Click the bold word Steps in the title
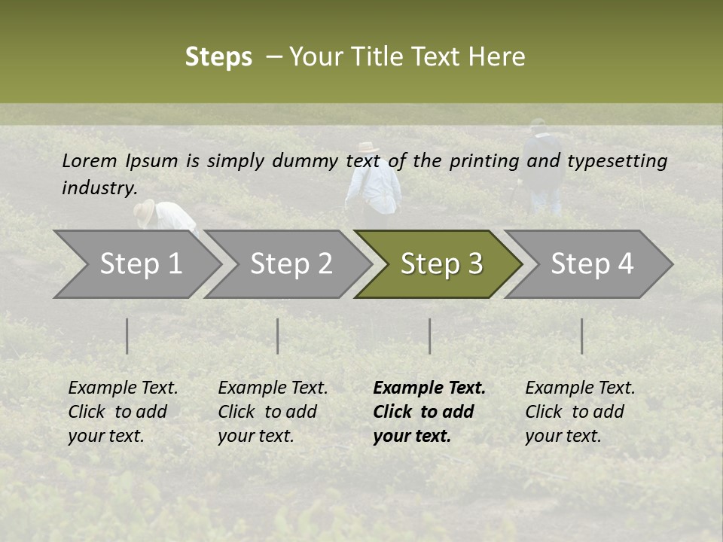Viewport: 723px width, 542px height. [218, 57]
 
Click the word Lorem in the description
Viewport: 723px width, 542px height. [90, 160]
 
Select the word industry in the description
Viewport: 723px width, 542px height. [99, 187]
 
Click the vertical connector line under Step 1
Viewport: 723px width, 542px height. [127, 336]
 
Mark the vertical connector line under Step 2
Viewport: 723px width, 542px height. [278, 336]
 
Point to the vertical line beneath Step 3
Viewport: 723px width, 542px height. [430, 336]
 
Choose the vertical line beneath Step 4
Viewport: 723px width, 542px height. [582, 336]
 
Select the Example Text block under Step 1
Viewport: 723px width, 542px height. [123, 412]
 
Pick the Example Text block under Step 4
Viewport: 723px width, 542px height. [580, 412]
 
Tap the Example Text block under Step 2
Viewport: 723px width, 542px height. [273, 412]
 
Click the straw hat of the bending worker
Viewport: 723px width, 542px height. [145, 212]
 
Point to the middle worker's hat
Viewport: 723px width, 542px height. [368, 148]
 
